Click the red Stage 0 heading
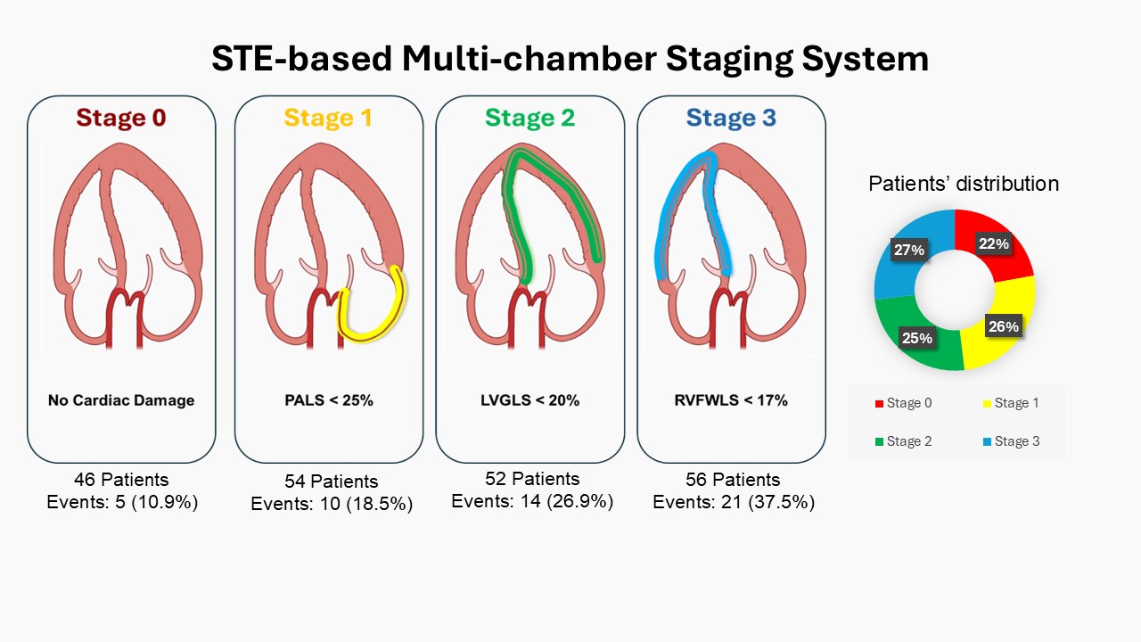point(121,118)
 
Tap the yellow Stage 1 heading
point(328,118)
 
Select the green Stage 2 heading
point(529,118)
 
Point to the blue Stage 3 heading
point(731,118)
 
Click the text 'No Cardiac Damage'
point(121,400)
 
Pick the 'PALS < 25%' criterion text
point(329,400)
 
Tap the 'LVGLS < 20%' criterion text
point(530,400)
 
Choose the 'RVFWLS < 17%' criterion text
point(732,400)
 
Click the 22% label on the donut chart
point(994,243)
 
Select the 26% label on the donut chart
point(1003,326)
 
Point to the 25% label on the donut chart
point(917,338)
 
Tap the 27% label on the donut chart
point(908,250)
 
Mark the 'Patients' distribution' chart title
point(964,184)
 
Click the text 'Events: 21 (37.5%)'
point(734,502)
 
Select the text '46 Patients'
point(121,481)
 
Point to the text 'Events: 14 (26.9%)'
point(532,501)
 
